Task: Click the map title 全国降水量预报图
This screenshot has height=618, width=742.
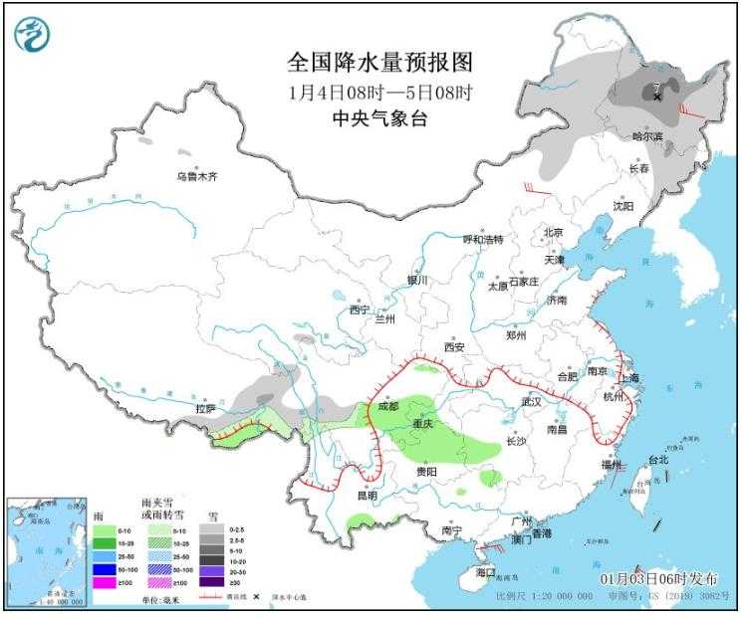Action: [379, 63]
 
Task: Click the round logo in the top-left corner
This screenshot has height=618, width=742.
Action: [32, 35]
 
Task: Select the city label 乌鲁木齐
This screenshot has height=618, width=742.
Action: [196, 176]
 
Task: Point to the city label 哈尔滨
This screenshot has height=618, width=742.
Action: [647, 135]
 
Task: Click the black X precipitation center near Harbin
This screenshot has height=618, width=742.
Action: [657, 97]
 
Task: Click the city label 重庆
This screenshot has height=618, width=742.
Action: [423, 424]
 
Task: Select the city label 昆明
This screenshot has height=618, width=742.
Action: [367, 495]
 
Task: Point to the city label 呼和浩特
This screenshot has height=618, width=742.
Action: [483, 240]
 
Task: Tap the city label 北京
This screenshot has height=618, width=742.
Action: [553, 233]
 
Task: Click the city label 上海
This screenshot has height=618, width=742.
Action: [628, 378]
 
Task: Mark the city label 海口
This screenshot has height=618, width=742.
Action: [485, 573]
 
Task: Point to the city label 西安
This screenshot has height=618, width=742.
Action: [455, 347]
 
